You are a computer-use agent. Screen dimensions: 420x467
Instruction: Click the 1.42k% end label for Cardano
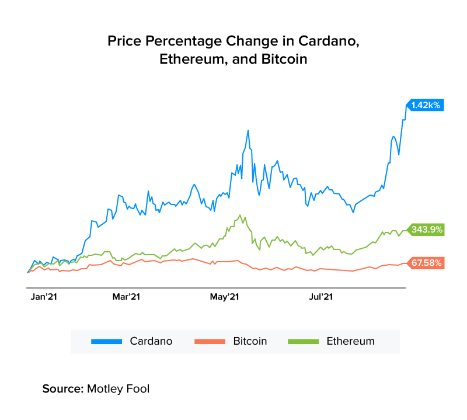(x=426, y=105)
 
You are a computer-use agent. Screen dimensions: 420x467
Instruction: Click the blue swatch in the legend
(x=107, y=341)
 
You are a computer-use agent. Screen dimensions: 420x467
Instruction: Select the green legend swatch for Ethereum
(x=304, y=341)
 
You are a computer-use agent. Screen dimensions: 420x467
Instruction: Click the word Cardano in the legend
(x=151, y=341)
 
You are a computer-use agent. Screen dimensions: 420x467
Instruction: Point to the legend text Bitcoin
(x=250, y=341)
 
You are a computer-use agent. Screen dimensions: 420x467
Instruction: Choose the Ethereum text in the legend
(x=350, y=341)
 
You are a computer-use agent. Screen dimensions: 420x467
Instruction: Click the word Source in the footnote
(x=62, y=388)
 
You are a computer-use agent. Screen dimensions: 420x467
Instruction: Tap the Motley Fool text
(x=118, y=388)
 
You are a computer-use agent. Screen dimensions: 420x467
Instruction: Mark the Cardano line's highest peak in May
(x=248, y=130)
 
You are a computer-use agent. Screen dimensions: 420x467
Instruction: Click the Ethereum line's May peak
(x=240, y=215)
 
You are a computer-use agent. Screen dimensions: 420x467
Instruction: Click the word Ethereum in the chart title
(x=191, y=60)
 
